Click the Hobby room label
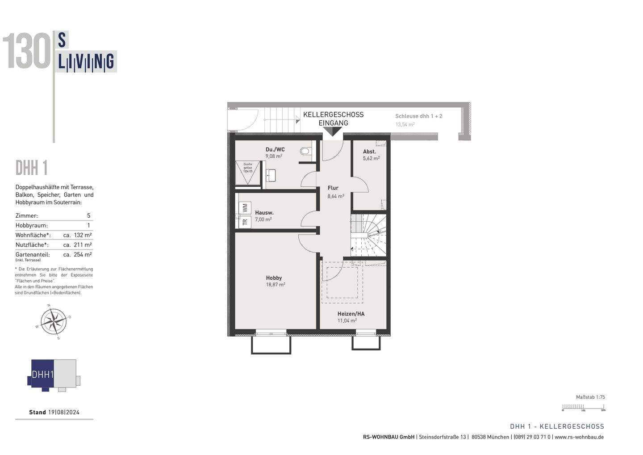[x=274, y=278]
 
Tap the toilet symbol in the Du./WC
[x=305, y=151]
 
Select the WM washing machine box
[x=245, y=208]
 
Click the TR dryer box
[x=245, y=222]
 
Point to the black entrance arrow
[x=332, y=131]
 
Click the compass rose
[x=54, y=321]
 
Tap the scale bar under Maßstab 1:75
[x=583, y=407]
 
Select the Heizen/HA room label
[x=351, y=314]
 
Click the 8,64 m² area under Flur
[x=335, y=196]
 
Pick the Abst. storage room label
[x=369, y=152]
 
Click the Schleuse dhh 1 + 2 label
[x=418, y=116]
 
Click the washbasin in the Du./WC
[x=271, y=175]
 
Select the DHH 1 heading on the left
[x=32, y=169]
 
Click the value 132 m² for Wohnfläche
[x=83, y=235]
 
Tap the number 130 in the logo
[x=27, y=52]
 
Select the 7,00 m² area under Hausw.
[x=263, y=219]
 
